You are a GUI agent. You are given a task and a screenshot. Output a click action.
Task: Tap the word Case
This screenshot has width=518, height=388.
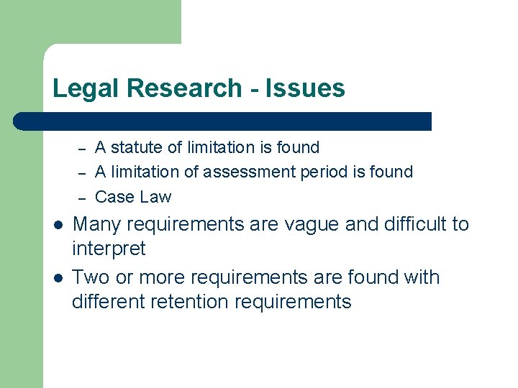point(113,196)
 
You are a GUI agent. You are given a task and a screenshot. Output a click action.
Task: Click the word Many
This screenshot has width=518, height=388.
point(98,224)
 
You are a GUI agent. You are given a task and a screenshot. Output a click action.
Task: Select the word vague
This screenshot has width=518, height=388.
point(312,224)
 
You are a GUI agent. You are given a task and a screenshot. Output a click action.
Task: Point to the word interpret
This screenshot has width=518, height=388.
point(109,249)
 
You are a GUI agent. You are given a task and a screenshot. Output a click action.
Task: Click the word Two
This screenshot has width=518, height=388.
point(91,277)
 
